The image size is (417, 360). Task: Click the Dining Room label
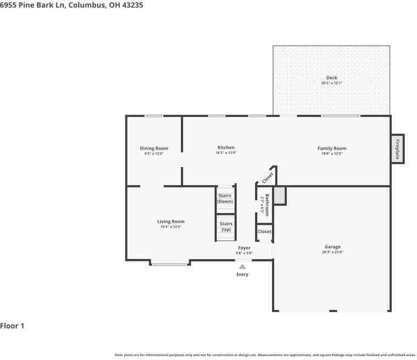pyautogui.click(x=154, y=148)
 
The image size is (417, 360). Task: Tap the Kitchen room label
pyautogui.click(x=226, y=147)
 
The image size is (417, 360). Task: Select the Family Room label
pyautogui.click(x=332, y=148)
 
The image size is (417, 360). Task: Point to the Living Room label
pyautogui.click(x=170, y=221)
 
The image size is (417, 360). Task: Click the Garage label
pyautogui.click(x=332, y=247)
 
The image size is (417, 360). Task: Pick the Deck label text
pyautogui.click(x=331, y=78)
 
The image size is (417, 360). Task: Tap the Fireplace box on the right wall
pyautogui.click(x=397, y=148)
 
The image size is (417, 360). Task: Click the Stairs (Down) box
pyautogui.click(x=225, y=198)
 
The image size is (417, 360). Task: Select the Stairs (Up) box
pyautogui.click(x=226, y=226)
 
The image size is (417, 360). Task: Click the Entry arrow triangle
pyautogui.click(x=242, y=267)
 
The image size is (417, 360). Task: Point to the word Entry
pyautogui.click(x=242, y=274)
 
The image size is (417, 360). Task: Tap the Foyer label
pyautogui.click(x=244, y=248)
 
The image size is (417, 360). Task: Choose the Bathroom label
pyautogui.click(x=267, y=204)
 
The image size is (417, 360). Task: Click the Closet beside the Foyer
pyautogui.click(x=264, y=232)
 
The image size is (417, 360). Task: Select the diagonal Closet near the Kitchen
pyautogui.click(x=267, y=178)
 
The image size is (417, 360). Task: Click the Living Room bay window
pyautogui.click(x=169, y=264)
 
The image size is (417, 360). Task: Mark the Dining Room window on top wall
pyautogui.click(x=154, y=115)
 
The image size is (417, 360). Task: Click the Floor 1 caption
pyautogui.click(x=12, y=326)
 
